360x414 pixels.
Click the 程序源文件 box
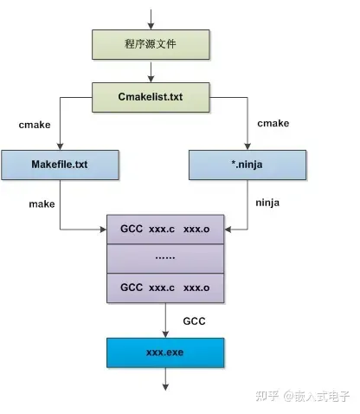[151, 45]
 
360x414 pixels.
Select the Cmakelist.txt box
[151, 97]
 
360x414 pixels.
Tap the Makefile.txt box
[60, 165]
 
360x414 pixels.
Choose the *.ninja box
[247, 165]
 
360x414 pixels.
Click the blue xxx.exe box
[165, 353]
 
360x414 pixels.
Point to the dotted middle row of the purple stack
[165, 258]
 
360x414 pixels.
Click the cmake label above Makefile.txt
[35, 125]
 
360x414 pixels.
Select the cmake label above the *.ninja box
[273, 123]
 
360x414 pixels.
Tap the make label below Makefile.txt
[42, 204]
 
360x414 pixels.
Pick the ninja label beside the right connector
[267, 203]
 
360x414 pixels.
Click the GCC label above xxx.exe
[194, 321]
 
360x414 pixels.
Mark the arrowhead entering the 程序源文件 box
[151, 26]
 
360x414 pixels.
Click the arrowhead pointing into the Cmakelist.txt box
[151, 79]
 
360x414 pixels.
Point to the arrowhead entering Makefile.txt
[60, 146]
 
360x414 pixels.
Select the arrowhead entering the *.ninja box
[247, 146]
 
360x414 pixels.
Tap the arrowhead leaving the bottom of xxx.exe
[165, 387]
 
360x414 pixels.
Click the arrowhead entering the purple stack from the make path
[103, 230]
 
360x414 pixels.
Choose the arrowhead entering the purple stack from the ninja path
[228, 230]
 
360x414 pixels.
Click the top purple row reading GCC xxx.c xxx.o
[165, 230]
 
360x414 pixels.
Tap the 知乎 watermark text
[267, 396]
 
